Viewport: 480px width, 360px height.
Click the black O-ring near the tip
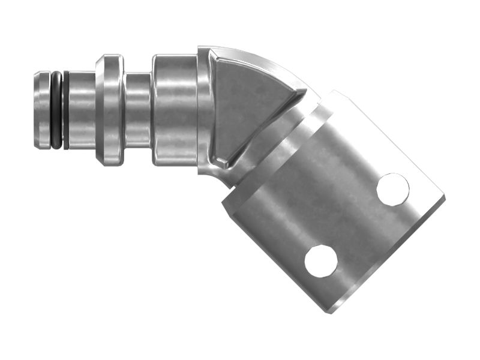point(56,110)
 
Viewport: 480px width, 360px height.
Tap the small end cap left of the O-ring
point(41,110)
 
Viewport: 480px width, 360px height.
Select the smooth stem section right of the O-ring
point(81,110)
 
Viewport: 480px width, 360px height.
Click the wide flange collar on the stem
point(110,110)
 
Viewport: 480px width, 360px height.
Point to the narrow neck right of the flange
point(137,110)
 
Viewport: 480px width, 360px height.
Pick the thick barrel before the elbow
point(174,110)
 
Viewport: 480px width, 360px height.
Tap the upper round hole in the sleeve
point(392,189)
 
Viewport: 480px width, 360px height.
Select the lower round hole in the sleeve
point(320,261)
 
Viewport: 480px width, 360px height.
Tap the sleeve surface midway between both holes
point(356,225)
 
